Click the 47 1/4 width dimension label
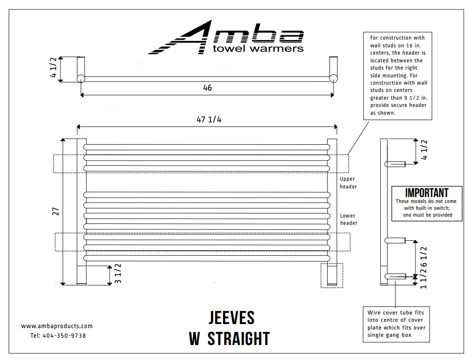pos(209,120)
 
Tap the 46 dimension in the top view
pos(207,88)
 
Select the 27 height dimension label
pos(56,211)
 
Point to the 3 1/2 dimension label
pos(118,274)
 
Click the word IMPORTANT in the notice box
pos(426,193)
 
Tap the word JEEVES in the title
pos(232,318)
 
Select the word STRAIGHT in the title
pos(238,339)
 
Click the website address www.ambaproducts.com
pos(57,326)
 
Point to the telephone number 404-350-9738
pos(64,336)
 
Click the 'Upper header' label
pos(348,183)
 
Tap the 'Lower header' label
pos(349,219)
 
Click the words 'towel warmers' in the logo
pos(258,49)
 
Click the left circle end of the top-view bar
pos(81,79)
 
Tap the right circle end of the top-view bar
pos(334,79)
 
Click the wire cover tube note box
pos(396,325)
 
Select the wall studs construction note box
pos(398,76)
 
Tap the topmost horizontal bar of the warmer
pos(207,147)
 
